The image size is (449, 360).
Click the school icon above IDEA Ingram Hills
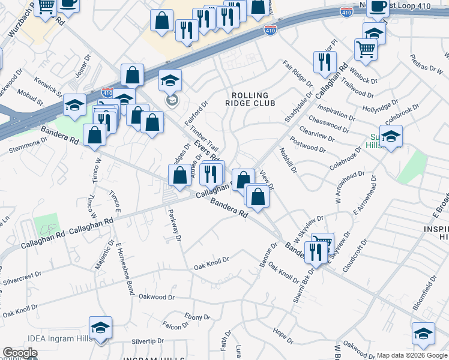click(x=101, y=328)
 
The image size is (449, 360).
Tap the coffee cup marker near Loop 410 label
click(x=377, y=7)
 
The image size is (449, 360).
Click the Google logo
click(x=20, y=353)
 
